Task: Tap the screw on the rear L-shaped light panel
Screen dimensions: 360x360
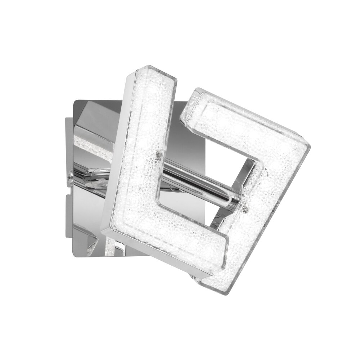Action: (245, 208)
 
